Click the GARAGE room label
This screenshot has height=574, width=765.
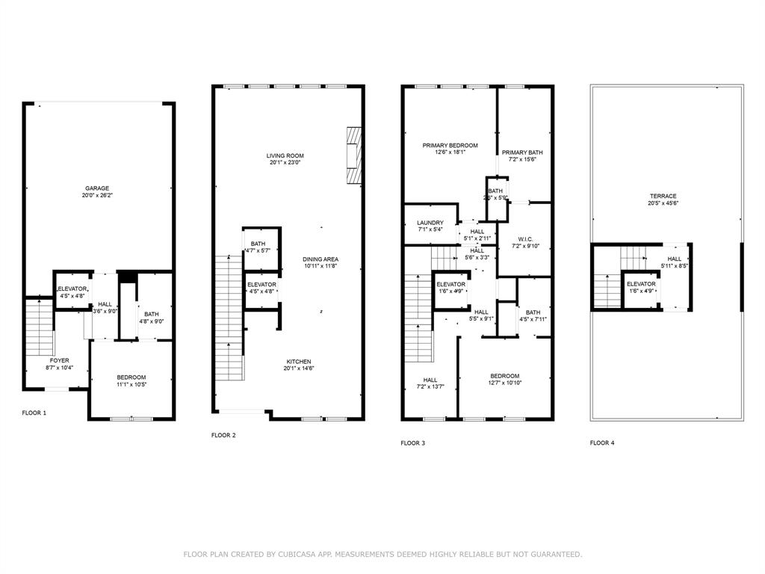(x=97, y=188)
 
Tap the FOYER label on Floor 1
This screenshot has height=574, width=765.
(x=59, y=360)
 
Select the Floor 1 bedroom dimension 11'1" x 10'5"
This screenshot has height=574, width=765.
(x=131, y=385)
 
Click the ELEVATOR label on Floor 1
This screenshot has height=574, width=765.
(x=73, y=288)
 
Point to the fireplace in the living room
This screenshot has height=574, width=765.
(x=354, y=155)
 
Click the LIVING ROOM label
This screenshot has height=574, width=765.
(x=285, y=155)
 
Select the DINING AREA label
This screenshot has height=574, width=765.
(x=320, y=259)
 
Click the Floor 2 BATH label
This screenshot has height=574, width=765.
(x=258, y=244)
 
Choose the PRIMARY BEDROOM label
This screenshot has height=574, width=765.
(x=450, y=146)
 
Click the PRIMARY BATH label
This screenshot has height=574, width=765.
(x=522, y=152)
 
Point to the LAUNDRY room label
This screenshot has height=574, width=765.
(x=430, y=223)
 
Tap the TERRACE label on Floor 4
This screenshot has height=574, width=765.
(x=663, y=196)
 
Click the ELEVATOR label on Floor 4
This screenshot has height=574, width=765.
(x=641, y=284)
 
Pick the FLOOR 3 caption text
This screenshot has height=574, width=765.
(x=412, y=443)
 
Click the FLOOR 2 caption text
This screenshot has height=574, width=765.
(x=223, y=435)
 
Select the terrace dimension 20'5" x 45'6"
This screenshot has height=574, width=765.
(x=663, y=203)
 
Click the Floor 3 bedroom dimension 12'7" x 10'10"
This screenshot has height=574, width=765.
(x=505, y=383)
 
